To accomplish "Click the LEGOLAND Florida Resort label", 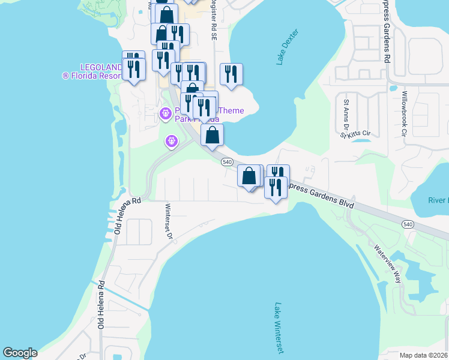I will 91,71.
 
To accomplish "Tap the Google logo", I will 20,353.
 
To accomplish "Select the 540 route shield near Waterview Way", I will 408,224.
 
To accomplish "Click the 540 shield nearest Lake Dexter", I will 226,162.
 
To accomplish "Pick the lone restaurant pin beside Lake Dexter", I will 231,74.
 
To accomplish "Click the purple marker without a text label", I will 171,142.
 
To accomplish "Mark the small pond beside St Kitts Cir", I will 361,140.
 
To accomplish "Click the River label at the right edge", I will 438,200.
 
